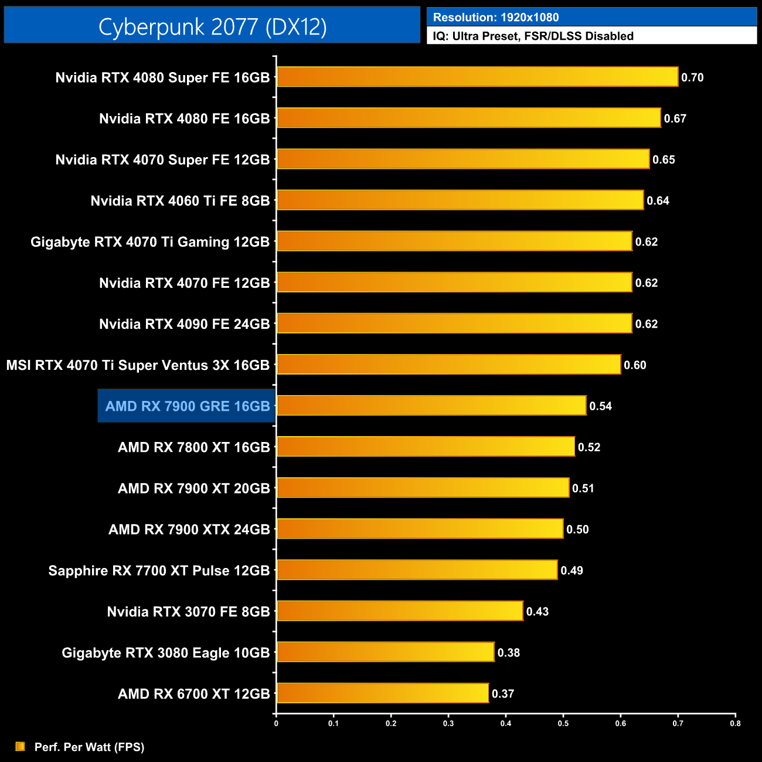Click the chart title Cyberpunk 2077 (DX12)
click(x=212, y=26)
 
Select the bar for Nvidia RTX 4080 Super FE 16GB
click(x=477, y=77)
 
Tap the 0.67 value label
click(x=675, y=118)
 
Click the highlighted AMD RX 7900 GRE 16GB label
click(x=187, y=406)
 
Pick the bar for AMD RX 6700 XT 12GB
click(x=382, y=693)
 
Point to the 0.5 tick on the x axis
click(x=563, y=723)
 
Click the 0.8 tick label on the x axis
click(x=735, y=723)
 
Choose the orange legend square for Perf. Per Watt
click(x=21, y=746)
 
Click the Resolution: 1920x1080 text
click(x=496, y=18)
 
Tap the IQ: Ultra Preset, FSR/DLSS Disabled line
click(x=533, y=36)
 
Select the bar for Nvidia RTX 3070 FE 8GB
click(x=400, y=611)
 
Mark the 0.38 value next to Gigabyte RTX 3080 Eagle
click(x=508, y=652)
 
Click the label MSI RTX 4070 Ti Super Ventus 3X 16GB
click(x=138, y=365)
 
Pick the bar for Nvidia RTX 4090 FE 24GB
click(x=454, y=324)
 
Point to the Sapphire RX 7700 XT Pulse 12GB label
click(x=159, y=570)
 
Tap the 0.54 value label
click(x=600, y=406)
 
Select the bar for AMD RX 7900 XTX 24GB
click(x=420, y=529)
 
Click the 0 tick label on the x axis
click(x=276, y=723)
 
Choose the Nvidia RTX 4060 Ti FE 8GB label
click(x=180, y=201)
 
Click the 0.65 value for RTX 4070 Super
click(x=664, y=159)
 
